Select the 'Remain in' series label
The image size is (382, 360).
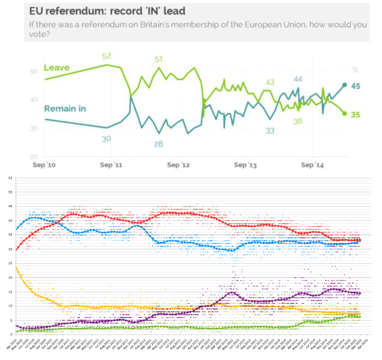point(65,108)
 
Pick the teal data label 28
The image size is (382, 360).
point(159,143)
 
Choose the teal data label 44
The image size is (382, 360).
point(298,80)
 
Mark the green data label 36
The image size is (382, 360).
point(297,121)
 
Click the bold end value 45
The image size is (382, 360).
point(355,85)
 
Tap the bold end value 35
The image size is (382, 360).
point(355,114)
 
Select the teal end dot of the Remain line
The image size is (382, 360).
point(344,85)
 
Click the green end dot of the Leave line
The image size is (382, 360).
point(344,113)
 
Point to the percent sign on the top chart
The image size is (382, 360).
point(355,70)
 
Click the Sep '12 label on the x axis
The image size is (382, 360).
point(178,166)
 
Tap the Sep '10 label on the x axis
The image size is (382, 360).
point(44,166)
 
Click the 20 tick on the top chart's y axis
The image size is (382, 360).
point(34,157)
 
